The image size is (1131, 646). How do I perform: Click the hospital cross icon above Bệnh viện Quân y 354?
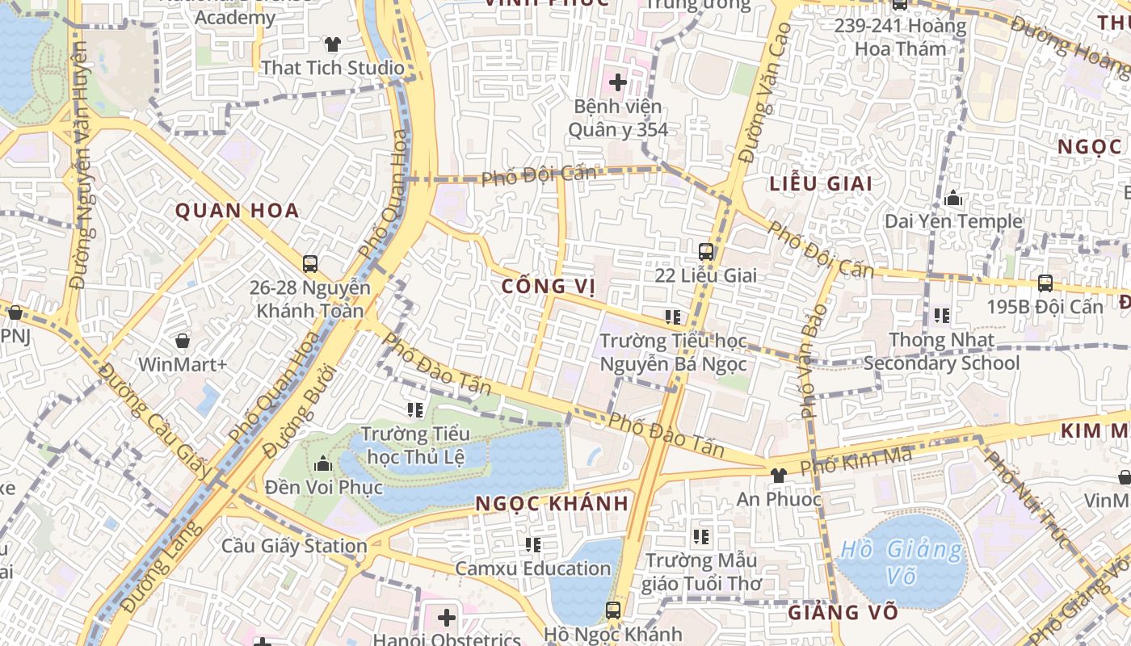point(618,82)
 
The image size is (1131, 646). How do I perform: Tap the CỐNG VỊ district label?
point(548,287)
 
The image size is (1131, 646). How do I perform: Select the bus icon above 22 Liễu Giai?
point(706,251)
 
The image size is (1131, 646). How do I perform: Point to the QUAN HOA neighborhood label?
point(238,212)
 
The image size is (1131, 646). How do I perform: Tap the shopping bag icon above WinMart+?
point(183,341)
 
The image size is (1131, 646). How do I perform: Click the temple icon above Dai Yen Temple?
point(953,198)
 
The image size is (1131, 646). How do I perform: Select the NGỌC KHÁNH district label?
point(552,504)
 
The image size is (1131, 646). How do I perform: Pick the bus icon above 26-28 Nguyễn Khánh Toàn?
point(310,263)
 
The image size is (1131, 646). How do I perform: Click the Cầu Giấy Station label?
point(295,547)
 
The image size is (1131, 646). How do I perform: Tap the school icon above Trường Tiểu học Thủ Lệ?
point(415,410)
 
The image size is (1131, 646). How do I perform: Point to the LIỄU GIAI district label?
point(821,184)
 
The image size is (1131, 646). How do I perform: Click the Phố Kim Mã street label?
point(856,461)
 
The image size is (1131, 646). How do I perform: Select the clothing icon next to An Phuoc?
point(779,476)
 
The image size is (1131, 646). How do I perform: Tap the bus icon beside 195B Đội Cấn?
point(1045,283)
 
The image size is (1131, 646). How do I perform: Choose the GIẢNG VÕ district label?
point(843,613)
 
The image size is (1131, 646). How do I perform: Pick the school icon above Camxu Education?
point(533,545)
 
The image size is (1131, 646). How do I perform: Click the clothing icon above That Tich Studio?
point(332,44)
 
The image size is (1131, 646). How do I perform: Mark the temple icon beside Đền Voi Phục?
point(323,464)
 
